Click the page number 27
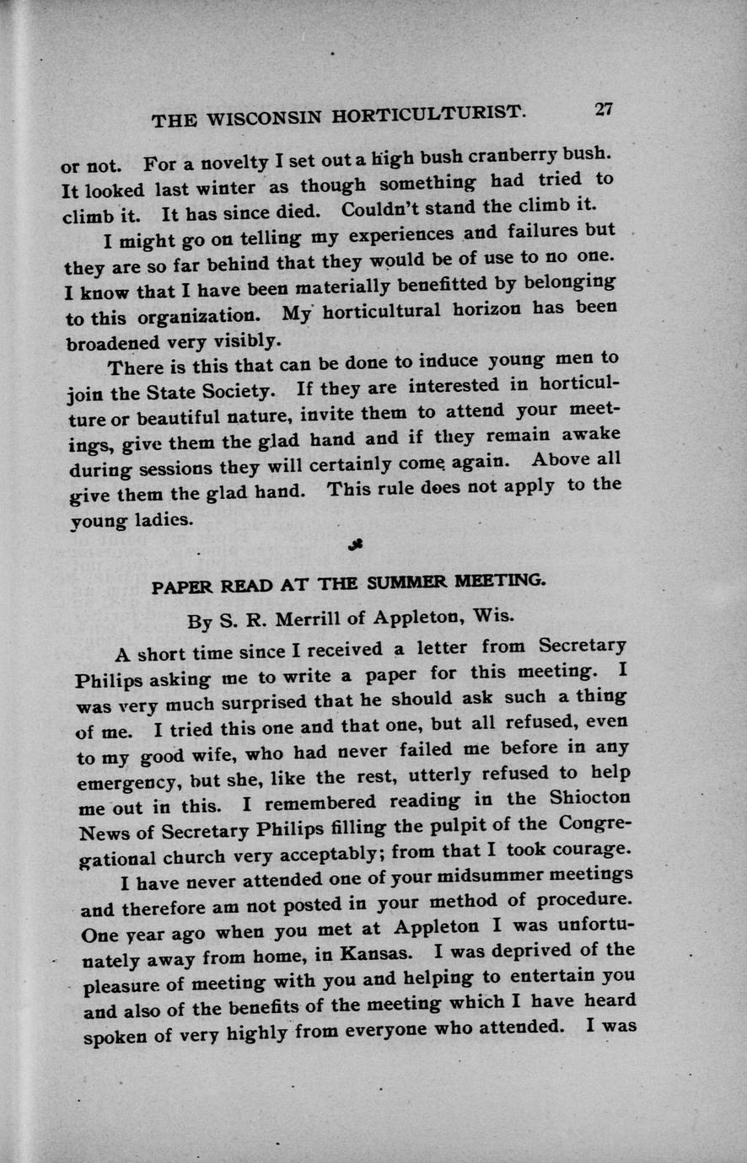tap(604, 110)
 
